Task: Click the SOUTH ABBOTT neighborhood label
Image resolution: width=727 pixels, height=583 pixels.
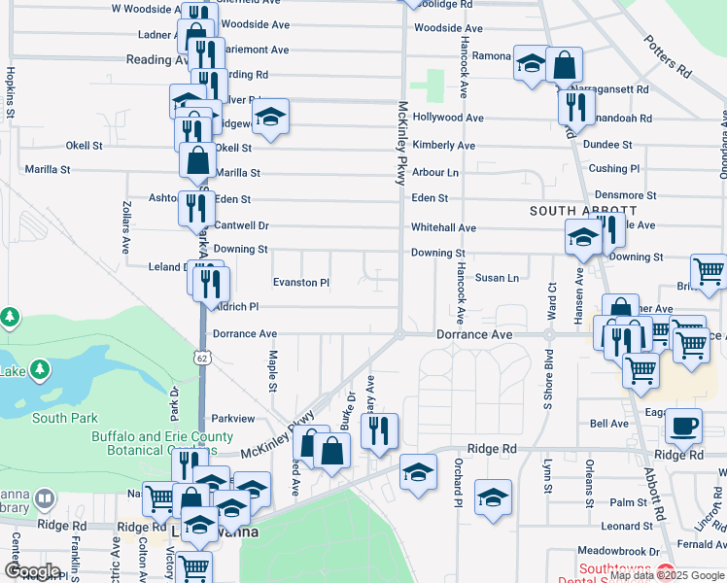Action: coord(583,211)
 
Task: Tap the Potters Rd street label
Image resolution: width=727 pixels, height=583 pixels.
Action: coord(667,57)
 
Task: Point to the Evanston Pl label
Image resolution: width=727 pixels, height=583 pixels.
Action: coord(301,283)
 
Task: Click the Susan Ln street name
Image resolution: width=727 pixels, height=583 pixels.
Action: coord(497,278)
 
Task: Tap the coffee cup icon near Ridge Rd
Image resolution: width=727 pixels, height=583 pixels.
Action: coord(686,426)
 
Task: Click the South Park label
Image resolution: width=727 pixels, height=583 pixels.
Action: coord(64,418)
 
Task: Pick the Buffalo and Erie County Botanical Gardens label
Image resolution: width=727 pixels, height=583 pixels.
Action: coord(162,443)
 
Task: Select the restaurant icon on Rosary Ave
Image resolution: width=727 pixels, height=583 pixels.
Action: coord(380,429)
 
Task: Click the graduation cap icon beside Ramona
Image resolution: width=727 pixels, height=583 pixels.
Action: coord(531,64)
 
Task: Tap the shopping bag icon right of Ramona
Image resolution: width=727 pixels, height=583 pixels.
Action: coord(564,65)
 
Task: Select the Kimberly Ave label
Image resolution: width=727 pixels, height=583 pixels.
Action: coord(443,145)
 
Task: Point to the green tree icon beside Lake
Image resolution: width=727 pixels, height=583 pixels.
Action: coord(40,370)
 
